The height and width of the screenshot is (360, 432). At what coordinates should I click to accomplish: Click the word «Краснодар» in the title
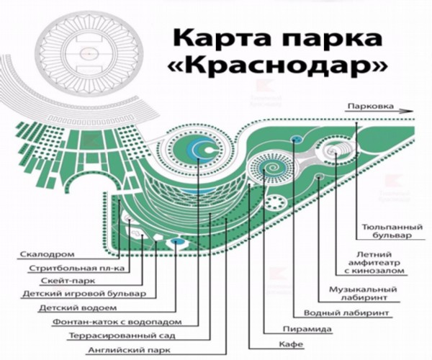tap(277, 66)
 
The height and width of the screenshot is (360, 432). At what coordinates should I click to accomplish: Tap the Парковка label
tap(371, 107)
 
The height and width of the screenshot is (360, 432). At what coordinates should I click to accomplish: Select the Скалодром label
tap(48, 254)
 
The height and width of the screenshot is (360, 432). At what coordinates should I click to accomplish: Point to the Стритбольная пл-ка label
tap(76, 268)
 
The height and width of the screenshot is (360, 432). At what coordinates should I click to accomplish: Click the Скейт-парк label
tap(68, 281)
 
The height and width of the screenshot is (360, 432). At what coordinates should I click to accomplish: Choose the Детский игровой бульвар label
tap(84, 294)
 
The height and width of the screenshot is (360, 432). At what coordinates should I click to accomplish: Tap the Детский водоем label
tap(78, 307)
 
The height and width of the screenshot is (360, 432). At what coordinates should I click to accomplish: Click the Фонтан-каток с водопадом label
tap(117, 322)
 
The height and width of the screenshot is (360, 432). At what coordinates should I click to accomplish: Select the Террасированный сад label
tap(122, 336)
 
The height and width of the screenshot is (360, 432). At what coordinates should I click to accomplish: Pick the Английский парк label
tap(129, 351)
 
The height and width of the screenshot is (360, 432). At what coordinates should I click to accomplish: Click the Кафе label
tap(291, 344)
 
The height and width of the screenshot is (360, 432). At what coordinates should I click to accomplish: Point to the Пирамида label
tap(307, 329)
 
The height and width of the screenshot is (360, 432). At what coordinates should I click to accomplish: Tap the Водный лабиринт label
tap(346, 313)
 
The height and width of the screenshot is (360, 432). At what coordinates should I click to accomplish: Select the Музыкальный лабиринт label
tap(363, 294)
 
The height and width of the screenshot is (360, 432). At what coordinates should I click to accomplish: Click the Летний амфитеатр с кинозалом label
tap(374, 263)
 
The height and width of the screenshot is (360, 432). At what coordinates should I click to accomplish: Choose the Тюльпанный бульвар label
tap(392, 231)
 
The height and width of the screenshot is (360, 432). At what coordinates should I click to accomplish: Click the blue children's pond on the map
tap(176, 242)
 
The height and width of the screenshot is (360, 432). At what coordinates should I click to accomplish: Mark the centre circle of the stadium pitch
tap(89, 53)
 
